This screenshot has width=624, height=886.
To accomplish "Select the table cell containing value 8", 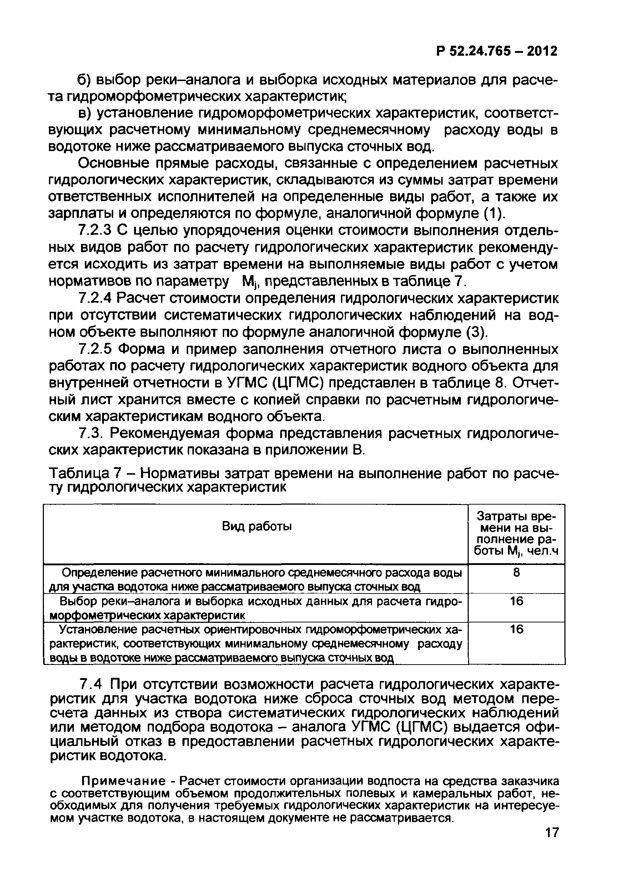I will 517,573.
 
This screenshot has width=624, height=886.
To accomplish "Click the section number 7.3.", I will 90,434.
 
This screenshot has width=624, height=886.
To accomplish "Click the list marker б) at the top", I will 84,80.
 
